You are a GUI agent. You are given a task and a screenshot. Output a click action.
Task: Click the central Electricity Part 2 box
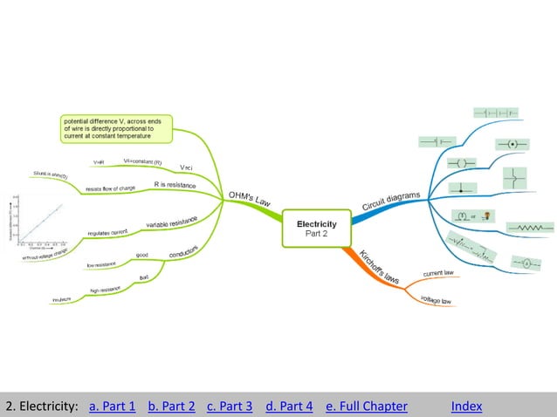click(315, 229)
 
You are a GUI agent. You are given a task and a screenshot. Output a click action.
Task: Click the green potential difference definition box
click(116, 128)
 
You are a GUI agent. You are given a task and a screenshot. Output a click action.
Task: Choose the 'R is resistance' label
click(175, 185)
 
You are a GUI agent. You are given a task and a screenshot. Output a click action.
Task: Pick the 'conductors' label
click(183, 252)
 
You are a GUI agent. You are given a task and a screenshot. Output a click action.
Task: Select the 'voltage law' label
click(435, 300)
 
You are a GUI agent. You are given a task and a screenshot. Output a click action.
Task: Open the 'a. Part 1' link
click(113, 406)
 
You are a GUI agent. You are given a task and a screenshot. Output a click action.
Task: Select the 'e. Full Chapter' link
click(366, 406)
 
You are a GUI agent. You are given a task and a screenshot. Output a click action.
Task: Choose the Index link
click(466, 406)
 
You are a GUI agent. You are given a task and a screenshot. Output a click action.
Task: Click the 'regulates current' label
click(108, 232)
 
